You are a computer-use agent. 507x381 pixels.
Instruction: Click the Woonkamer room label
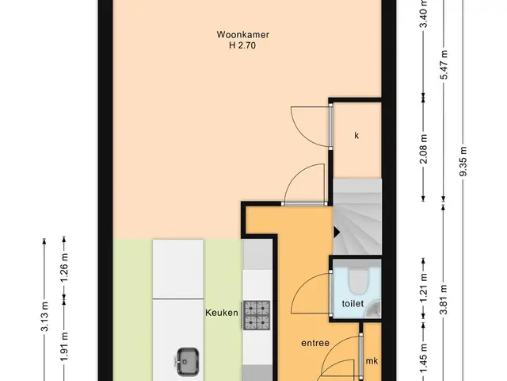click(x=243, y=34)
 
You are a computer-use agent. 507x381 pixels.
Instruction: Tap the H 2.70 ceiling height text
click(x=242, y=45)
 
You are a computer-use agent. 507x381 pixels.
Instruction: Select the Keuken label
click(x=222, y=313)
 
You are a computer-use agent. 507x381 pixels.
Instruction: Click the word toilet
click(x=353, y=303)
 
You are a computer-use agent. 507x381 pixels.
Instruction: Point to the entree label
click(x=315, y=343)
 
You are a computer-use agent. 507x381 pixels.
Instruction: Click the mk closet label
click(x=372, y=360)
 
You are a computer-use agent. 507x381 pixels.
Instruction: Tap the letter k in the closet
click(x=356, y=136)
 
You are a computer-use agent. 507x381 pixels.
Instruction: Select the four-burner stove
click(x=257, y=315)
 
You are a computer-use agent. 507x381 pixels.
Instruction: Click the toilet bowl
click(x=359, y=280)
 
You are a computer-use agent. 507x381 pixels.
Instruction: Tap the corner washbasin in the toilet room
click(x=374, y=309)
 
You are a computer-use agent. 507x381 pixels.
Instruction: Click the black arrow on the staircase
click(x=337, y=232)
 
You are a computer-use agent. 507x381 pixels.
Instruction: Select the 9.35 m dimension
click(x=463, y=161)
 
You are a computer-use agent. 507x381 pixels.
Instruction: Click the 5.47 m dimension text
click(x=444, y=65)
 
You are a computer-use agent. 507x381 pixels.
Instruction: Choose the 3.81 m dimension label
click(x=444, y=300)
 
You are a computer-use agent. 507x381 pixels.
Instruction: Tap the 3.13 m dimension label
click(x=45, y=317)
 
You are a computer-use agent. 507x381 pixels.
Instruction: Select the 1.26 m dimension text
click(x=65, y=267)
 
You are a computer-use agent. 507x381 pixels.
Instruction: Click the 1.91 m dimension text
click(x=65, y=347)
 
